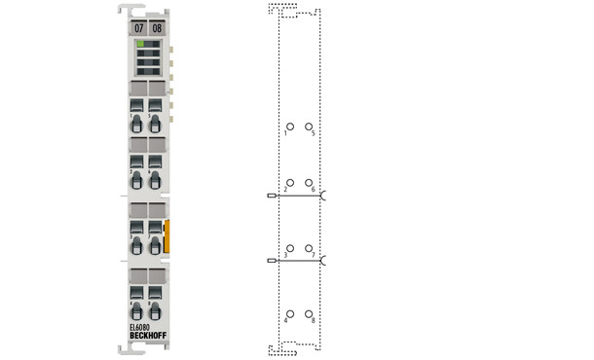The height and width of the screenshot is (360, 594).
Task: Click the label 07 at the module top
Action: [x=138, y=28]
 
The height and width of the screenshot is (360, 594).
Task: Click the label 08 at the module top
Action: [x=157, y=28]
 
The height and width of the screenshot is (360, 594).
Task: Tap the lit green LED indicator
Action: [x=141, y=44]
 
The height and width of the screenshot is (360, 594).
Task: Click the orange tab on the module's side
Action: [x=167, y=236]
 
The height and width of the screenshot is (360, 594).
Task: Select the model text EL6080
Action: [x=139, y=328]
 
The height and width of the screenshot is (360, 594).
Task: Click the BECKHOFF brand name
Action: [x=145, y=337]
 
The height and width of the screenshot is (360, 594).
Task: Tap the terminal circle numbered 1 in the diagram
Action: [x=289, y=126]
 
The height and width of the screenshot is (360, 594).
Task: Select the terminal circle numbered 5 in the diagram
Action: [x=309, y=126]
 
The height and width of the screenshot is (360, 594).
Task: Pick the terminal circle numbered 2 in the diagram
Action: [x=289, y=182]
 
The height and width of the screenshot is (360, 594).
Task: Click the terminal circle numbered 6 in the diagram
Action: [x=309, y=182]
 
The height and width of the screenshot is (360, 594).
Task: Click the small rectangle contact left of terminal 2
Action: [x=271, y=196]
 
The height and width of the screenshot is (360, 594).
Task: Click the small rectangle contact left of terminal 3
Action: [x=271, y=261]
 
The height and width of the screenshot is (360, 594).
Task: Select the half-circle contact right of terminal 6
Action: [x=323, y=196]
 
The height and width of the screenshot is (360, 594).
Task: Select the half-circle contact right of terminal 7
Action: [x=323, y=261]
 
